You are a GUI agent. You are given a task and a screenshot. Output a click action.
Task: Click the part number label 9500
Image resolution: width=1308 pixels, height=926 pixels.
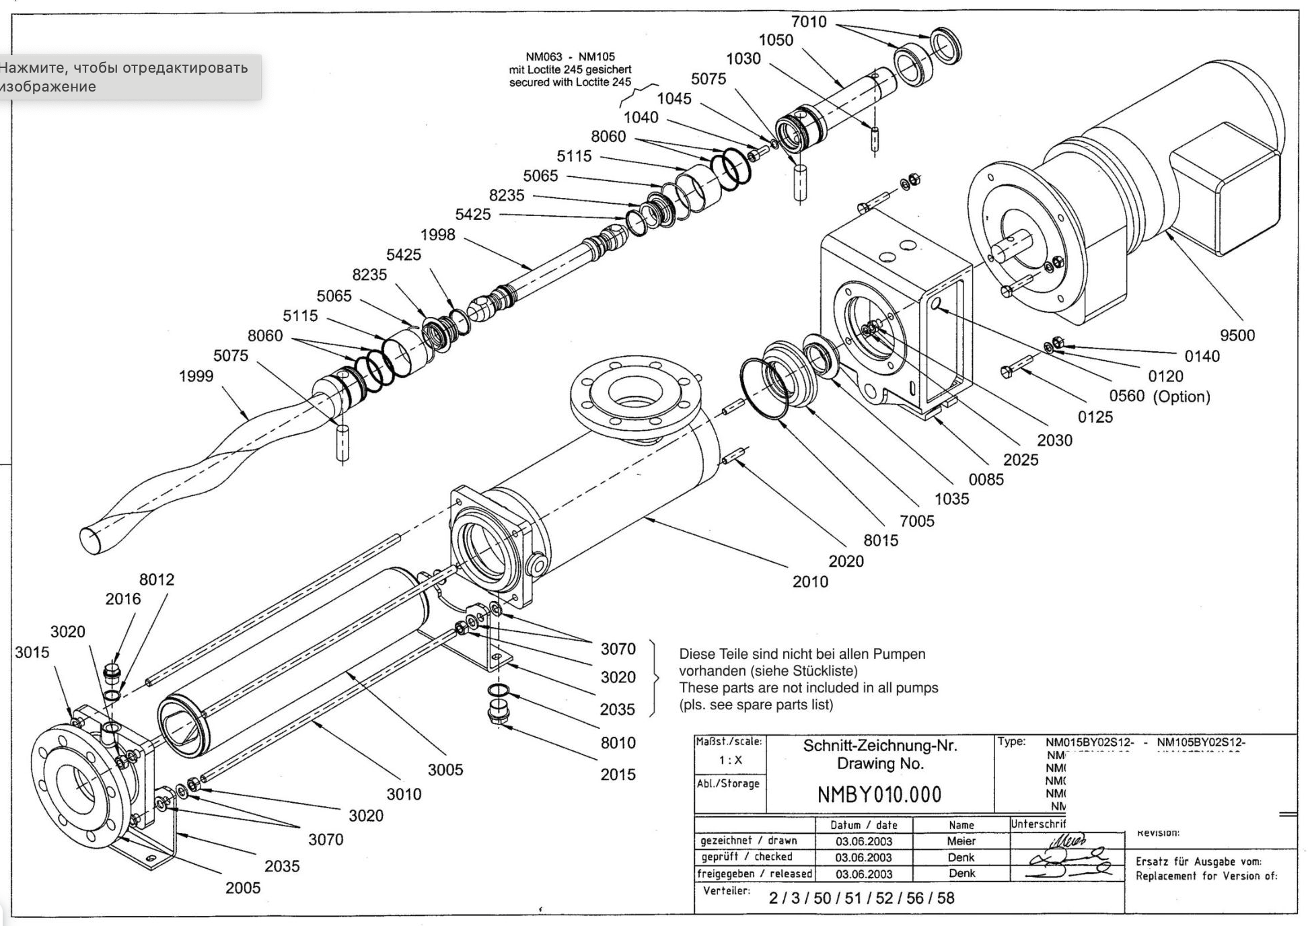coord(1237,336)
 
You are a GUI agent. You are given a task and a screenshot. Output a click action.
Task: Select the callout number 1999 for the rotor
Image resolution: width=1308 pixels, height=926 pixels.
coord(196,376)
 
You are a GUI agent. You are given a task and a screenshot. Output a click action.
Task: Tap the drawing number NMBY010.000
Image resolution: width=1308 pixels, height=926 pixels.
coord(879,795)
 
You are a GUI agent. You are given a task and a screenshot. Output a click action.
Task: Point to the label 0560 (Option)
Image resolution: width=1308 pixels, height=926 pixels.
coord(1159,396)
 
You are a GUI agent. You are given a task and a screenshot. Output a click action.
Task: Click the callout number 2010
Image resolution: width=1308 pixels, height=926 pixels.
coord(810,582)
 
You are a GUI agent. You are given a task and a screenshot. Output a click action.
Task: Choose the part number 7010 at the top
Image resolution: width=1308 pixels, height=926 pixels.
coord(809,22)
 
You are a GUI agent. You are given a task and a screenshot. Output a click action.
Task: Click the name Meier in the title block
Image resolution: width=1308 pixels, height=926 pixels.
coord(961,841)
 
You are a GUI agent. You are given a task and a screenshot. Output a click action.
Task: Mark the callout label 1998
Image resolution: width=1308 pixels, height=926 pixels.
coord(437,235)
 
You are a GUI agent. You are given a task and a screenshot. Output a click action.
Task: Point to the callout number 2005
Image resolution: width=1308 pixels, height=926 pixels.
coord(242,888)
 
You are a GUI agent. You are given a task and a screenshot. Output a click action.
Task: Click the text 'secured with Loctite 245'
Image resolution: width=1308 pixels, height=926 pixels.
coord(570,83)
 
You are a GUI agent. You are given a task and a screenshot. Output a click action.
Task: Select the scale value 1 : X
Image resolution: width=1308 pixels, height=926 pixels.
coord(730,760)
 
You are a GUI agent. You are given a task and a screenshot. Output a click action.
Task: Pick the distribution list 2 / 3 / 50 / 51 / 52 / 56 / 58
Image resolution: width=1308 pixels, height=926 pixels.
coord(861,898)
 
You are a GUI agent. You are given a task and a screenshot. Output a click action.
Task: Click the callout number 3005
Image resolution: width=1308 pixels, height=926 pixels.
coord(445,770)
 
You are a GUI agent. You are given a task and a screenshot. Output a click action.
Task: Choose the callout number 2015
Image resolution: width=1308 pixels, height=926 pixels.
coord(618,775)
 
